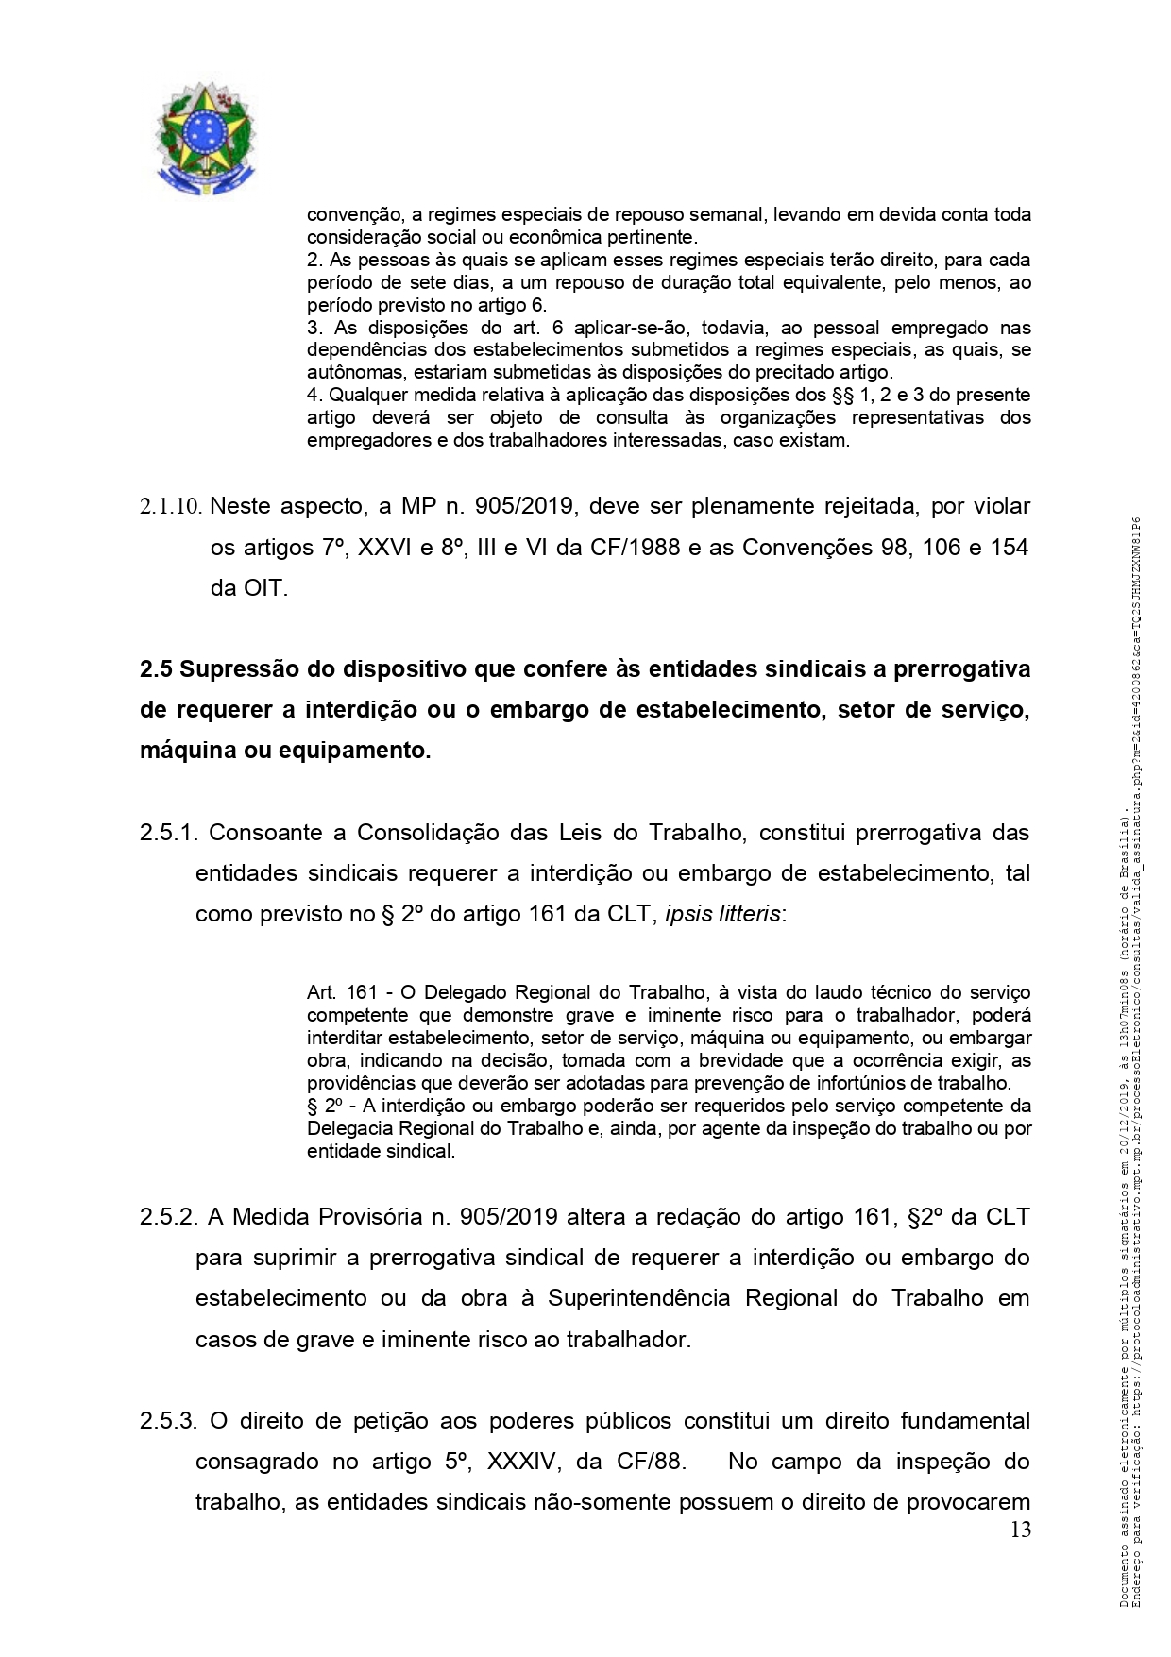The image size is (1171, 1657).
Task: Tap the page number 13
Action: [1020, 1530]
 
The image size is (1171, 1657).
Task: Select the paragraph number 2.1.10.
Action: [171, 507]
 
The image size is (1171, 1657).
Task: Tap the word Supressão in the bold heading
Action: [237, 669]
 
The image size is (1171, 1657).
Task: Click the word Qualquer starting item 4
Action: [364, 395]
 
